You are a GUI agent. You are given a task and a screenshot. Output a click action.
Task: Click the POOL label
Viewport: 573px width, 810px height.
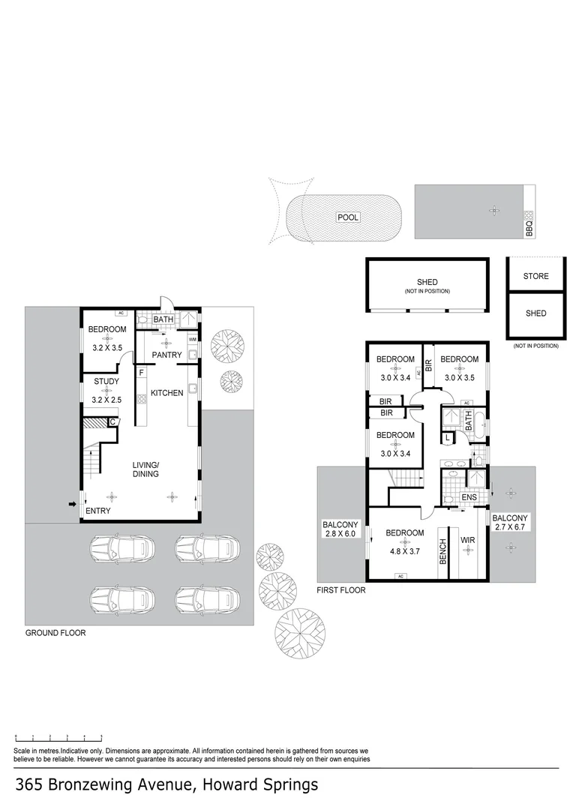point(348,217)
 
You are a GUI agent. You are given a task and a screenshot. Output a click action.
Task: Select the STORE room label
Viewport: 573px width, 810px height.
point(535,276)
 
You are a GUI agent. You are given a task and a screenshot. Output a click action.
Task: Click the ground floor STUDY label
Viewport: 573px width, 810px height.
point(106,382)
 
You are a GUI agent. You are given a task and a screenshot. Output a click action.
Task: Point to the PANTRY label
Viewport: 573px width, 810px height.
point(166,355)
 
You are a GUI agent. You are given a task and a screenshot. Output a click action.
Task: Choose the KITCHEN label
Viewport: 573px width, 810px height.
point(166,393)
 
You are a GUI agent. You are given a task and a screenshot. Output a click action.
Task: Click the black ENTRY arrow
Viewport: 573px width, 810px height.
point(72,504)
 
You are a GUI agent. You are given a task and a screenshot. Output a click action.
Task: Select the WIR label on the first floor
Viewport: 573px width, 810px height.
point(468,540)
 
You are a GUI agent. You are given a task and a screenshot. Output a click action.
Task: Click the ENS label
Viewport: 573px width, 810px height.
point(469,497)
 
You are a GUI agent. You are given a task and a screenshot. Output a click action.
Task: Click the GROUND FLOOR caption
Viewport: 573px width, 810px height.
point(55,633)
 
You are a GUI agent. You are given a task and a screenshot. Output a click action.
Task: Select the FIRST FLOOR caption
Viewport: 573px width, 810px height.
point(340,591)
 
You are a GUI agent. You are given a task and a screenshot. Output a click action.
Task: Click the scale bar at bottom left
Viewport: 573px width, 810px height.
point(58,739)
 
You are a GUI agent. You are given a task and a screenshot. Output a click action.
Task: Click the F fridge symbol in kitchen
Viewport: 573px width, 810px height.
point(141,372)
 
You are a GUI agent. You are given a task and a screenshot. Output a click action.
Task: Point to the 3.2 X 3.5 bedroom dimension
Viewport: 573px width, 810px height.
point(106,348)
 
